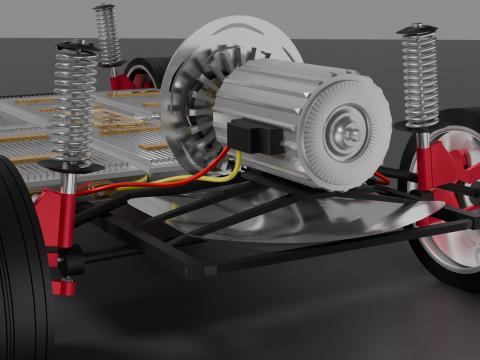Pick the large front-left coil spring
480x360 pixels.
pyautogui.click(x=74, y=104)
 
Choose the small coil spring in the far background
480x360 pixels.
pyautogui.click(x=106, y=35)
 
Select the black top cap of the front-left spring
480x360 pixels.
pyautogui.click(x=76, y=47)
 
